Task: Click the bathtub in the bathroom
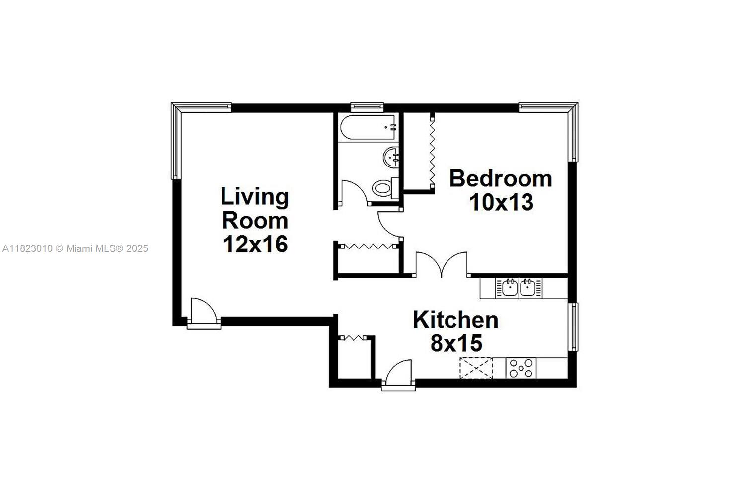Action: (368, 127)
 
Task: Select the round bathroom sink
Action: (391, 158)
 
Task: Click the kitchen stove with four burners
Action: (521, 368)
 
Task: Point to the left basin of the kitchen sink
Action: (510, 288)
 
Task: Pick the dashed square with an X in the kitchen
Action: (476, 368)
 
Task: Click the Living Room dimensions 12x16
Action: (255, 245)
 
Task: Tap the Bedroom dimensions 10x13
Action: (501, 202)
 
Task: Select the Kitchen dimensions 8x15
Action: (456, 343)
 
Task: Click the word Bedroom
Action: (501, 179)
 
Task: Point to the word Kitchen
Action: (455, 320)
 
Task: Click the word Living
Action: (254, 197)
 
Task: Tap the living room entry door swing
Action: (204, 311)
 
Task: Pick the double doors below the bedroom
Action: (442, 264)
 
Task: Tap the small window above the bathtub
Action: (367, 107)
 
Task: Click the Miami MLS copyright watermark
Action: (75, 248)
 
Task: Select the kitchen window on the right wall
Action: (573, 327)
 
